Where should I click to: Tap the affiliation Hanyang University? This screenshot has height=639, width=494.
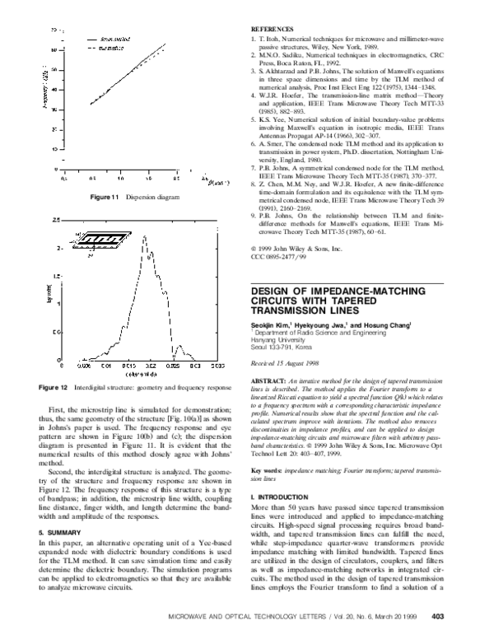[x=279, y=343]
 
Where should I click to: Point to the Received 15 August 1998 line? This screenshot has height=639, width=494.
[x=284, y=365]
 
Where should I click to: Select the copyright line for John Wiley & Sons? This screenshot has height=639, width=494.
[x=295, y=248]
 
